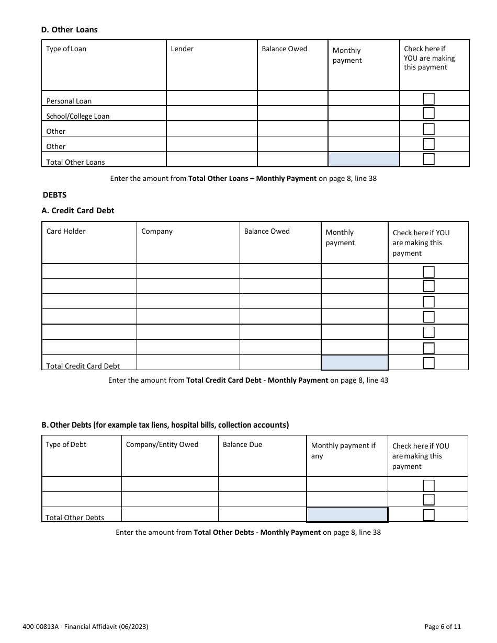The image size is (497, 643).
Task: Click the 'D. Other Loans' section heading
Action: pyautogui.click(x=70, y=30)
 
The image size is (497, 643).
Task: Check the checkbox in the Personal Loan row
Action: pyautogui.click(x=428, y=99)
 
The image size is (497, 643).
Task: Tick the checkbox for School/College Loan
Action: pyautogui.click(x=428, y=113)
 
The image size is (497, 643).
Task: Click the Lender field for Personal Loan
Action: pyautogui.click(x=211, y=99)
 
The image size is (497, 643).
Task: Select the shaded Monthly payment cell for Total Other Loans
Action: pyautogui.click(x=364, y=159)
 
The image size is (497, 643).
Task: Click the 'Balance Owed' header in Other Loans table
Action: pyautogui.click(x=285, y=49)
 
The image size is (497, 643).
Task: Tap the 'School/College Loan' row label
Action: pyautogui.click(x=78, y=116)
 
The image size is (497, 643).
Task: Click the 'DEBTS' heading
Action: pyautogui.click(x=54, y=194)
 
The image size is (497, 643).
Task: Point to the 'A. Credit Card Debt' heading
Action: pyautogui.click(x=77, y=211)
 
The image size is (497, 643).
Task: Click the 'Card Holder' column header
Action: pyautogui.click(x=66, y=232)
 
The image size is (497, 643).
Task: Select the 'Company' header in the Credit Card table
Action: pyautogui.click(x=157, y=232)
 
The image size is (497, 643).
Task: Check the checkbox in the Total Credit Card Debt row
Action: pyautogui.click(x=428, y=363)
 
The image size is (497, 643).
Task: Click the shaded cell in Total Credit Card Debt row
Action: pyautogui.click(x=354, y=363)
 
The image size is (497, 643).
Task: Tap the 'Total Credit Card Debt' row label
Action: pyautogui.click(x=83, y=366)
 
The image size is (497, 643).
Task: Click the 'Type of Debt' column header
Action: pyautogui.click(x=66, y=445)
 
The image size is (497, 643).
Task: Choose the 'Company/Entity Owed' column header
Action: pyautogui.click(x=162, y=445)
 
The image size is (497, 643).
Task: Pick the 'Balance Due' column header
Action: pyautogui.click(x=242, y=445)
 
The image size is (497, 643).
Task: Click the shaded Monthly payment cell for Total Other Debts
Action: pyautogui.click(x=347, y=515)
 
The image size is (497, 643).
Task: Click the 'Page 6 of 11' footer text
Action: pyautogui.click(x=443, y=627)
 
